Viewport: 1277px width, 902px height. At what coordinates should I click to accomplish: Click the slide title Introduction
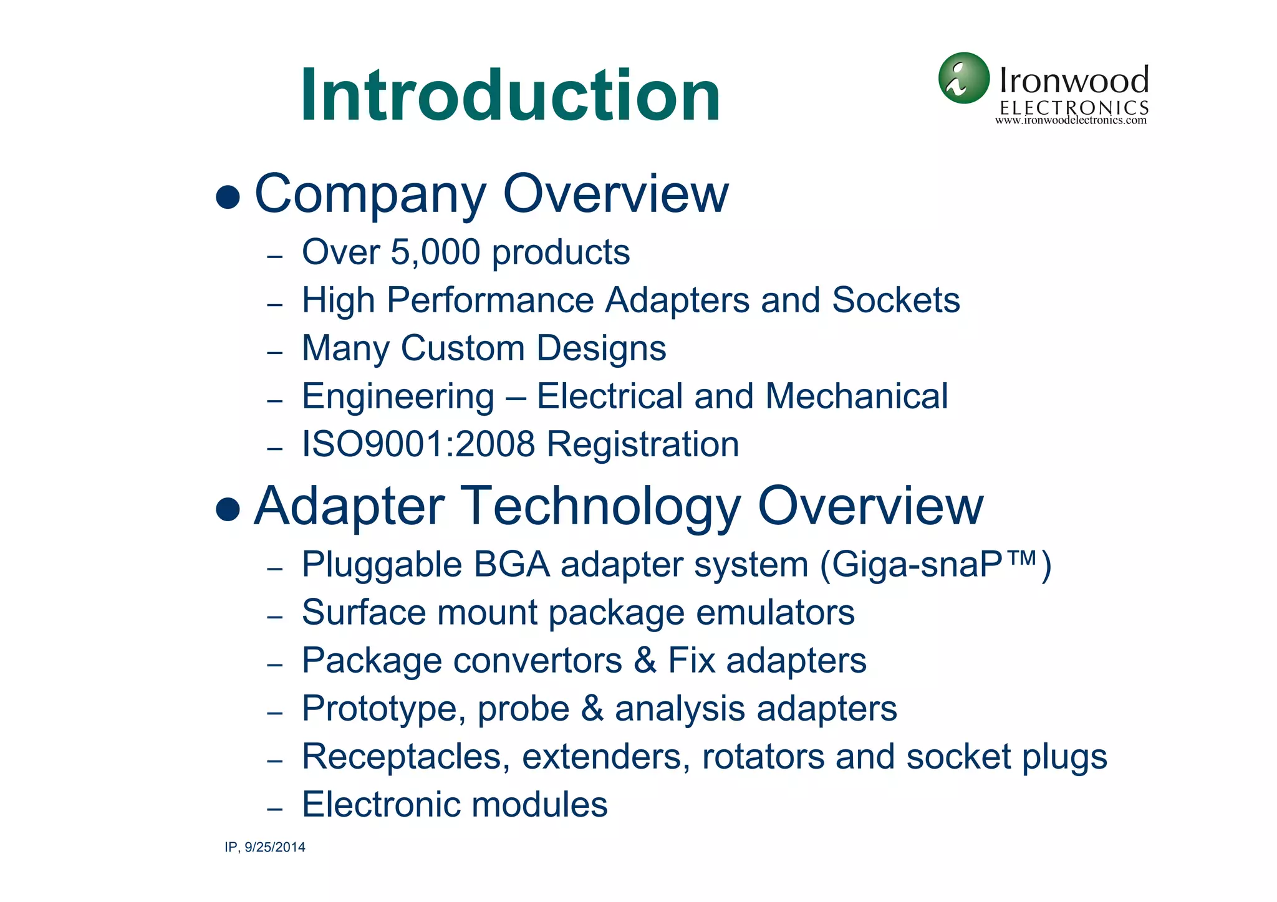pyautogui.click(x=510, y=95)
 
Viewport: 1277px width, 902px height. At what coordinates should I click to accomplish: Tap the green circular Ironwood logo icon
pyautogui.click(x=963, y=79)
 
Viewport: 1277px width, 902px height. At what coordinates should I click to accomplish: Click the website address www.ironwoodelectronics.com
pyautogui.click(x=1071, y=121)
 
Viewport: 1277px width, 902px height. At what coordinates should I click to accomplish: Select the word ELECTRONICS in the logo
pyautogui.click(x=1074, y=107)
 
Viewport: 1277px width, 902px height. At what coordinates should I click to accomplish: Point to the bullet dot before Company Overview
pyautogui.click(x=228, y=198)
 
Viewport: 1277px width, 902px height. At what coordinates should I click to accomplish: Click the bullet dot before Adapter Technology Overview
pyautogui.click(x=228, y=509)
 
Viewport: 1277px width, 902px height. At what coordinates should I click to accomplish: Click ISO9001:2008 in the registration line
pyautogui.click(x=418, y=444)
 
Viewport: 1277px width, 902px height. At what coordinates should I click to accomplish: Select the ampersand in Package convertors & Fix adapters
pyautogui.click(x=645, y=661)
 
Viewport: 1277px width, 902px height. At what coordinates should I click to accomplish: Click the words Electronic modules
pyautogui.click(x=455, y=805)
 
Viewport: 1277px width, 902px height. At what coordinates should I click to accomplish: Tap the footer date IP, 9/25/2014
pyautogui.click(x=265, y=847)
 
